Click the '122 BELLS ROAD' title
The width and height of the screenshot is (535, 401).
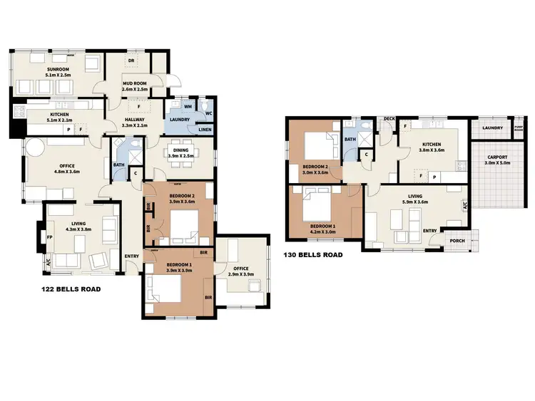[x=71, y=290]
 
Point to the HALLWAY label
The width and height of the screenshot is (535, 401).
[x=134, y=119]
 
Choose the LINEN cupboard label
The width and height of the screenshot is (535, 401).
[x=205, y=129]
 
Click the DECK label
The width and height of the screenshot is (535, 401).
[x=389, y=119]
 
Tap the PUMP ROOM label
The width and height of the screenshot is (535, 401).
[x=519, y=129]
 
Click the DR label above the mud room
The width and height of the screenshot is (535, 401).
[x=131, y=61]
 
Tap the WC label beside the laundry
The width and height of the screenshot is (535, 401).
[x=208, y=113]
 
